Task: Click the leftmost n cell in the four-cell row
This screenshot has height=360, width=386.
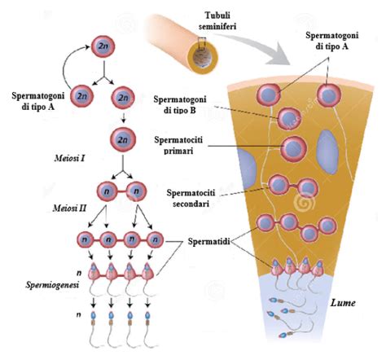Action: coord(83,239)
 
